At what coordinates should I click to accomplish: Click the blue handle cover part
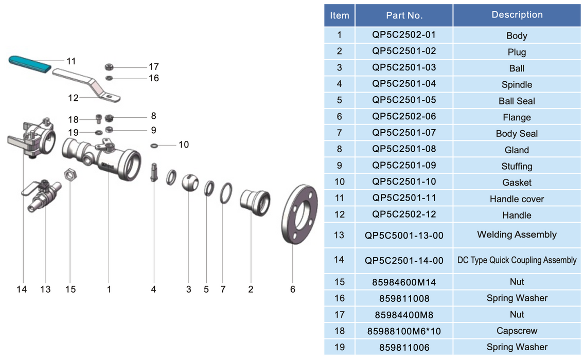pyautogui.click(x=30, y=64)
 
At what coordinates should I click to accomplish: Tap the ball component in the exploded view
pyautogui.click(x=189, y=182)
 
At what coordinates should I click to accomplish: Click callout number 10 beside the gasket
pyautogui.click(x=184, y=145)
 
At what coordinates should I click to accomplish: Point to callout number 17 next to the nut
pyautogui.click(x=153, y=66)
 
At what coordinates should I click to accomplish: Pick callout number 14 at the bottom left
pyautogui.click(x=21, y=290)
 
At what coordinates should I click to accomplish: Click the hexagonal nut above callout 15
pyautogui.click(x=69, y=175)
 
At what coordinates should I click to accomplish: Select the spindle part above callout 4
pyautogui.click(x=153, y=172)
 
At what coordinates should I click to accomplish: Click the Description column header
pyautogui.click(x=517, y=15)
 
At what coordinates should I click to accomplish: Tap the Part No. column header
pyautogui.click(x=404, y=15)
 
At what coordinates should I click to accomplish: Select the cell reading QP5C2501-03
pyautogui.click(x=404, y=67)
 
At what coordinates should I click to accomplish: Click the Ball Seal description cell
pyautogui.click(x=517, y=101)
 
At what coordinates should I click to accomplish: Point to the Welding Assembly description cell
pyautogui.click(x=517, y=235)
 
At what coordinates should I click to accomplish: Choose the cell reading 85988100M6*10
pyautogui.click(x=404, y=331)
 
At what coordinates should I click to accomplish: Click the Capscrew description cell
pyautogui.click(x=517, y=331)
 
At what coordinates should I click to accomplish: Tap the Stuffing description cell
pyautogui.click(x=517, y=166)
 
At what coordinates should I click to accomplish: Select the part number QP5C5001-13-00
pyautogui.click(x=404, y=235)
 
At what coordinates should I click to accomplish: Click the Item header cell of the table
pyautogui.click(x=340, y=15)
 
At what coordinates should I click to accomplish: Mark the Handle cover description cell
pyautogui.click(x=517, y=199)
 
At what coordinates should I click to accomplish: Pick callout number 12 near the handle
pyautogui.click(x=73, y=98)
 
